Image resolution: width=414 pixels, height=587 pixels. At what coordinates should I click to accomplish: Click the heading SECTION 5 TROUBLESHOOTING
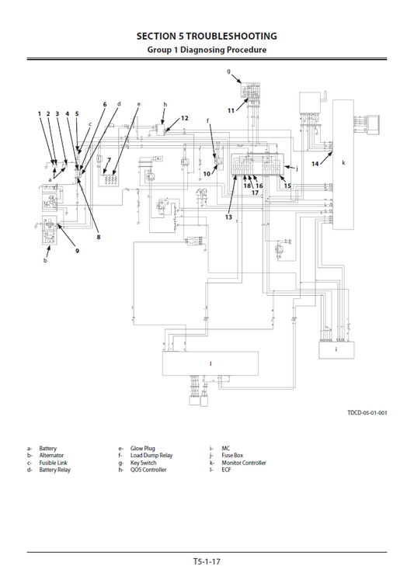point(207,36)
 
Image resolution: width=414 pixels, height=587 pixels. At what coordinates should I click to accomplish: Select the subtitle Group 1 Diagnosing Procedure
point(207,50)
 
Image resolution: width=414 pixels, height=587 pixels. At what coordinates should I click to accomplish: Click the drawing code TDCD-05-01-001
point(367,412)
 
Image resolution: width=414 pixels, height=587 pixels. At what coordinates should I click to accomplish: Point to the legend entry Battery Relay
point(54,470)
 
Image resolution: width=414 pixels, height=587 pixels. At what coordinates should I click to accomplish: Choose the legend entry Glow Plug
point(143,449)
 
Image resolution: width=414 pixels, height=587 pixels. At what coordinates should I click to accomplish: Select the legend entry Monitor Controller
point(243,463)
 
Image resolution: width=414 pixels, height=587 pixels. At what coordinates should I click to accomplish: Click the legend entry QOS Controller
point(148,470)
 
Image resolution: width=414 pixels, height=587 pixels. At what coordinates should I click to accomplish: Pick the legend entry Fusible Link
point(54,463)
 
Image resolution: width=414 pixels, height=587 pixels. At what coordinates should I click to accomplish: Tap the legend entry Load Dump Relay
point(151,456)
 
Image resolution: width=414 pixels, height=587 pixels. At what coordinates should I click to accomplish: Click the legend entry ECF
point(226,470)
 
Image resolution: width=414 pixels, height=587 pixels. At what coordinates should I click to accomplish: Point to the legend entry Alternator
point(51,456)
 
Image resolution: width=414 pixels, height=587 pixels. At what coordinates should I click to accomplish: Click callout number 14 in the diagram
point(315,165)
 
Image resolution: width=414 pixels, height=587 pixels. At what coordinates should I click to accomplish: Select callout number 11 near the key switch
point(231,111)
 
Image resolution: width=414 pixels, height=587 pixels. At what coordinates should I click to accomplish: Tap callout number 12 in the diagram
point(185,118)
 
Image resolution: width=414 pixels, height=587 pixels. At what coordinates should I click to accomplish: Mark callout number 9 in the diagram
point(77,250)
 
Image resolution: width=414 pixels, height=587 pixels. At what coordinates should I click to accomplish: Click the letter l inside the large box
point(210,363)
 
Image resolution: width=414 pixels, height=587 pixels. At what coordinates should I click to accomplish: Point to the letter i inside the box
point(336,349)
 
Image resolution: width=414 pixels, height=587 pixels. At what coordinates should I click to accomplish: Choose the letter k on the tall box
point(343,163)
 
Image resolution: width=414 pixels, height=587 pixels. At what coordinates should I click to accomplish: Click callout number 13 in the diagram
point(228,217)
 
